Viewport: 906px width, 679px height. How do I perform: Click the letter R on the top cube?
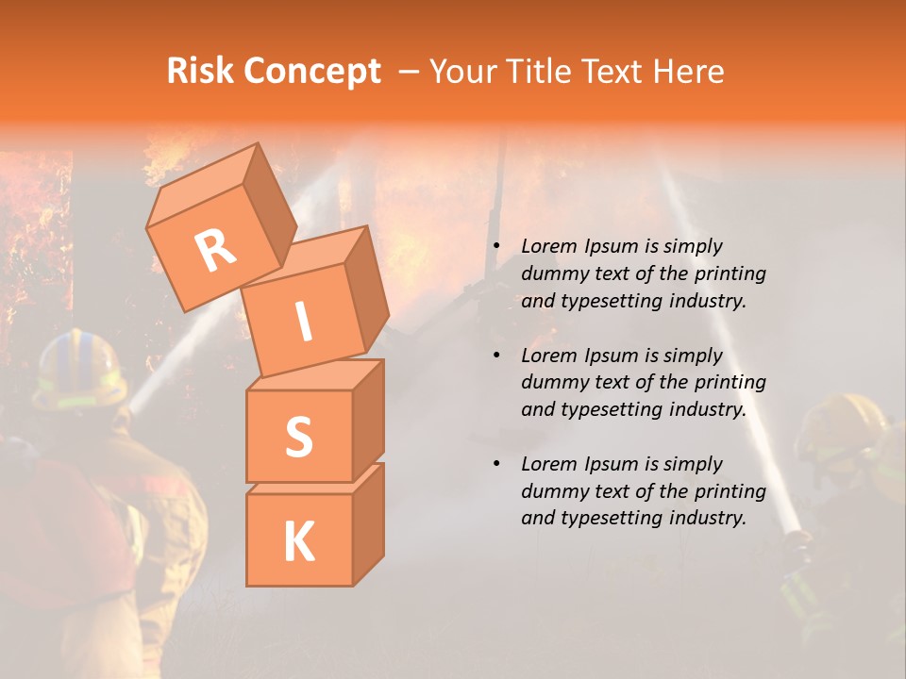[215, 250]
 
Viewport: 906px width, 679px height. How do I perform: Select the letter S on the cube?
[298, 438]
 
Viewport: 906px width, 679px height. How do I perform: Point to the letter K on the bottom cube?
[298, 541]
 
